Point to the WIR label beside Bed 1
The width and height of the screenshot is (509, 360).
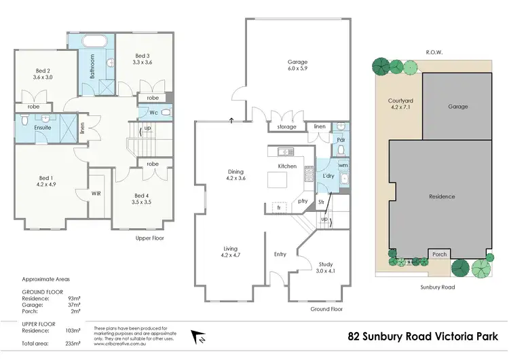[x=97, y=193]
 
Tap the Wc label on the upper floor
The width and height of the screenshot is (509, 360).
[x=154, y=112]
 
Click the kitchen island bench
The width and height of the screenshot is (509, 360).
[x=278, y=180]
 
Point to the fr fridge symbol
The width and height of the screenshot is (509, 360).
[x=278, y=207]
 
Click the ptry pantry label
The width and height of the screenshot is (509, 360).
[x=303, y=201]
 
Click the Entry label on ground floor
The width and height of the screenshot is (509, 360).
[x=280, y=255]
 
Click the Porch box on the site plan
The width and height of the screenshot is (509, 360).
[x=439, y=255]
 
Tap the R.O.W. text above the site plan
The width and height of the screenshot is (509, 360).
[x=434, y=51]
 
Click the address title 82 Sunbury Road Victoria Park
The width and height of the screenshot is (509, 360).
[x=423, y=336]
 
